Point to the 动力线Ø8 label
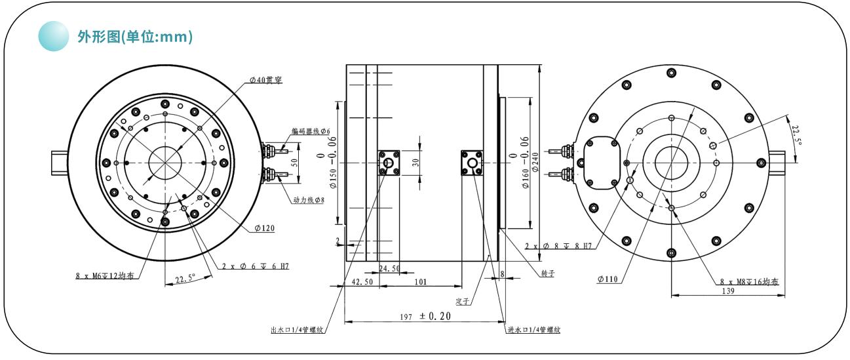click(x=308, y=199)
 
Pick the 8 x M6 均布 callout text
click(x=104, y=276)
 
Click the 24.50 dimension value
click(x=389, y=269)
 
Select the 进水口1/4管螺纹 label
click(x=533, y=330)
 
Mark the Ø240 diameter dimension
click(x=536, y=161)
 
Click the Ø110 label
click(x=608, y=280)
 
